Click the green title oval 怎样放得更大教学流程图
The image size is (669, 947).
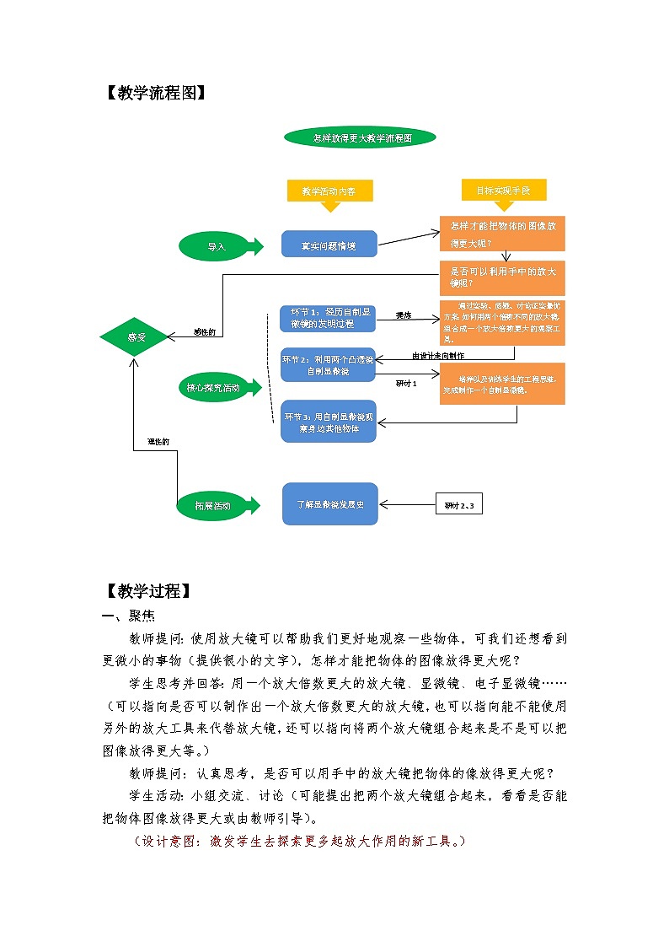[361, 138]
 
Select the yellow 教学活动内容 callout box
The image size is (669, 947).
[329, 191]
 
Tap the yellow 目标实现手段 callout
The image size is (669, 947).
[504, 191]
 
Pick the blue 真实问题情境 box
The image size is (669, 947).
[329, 245]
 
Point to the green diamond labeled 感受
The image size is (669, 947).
[136, 337]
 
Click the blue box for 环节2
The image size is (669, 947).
[328, 365]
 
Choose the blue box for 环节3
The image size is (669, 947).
[328, 422]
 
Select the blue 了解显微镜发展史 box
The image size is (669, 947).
[329, 504]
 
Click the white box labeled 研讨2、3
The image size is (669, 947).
[459, 505]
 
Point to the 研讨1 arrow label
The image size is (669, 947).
[406, 384]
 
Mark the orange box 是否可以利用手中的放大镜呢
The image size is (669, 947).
[502, 277]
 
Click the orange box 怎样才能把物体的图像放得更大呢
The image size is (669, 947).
[502, 234]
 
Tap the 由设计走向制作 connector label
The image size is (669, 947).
[437, 356]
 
